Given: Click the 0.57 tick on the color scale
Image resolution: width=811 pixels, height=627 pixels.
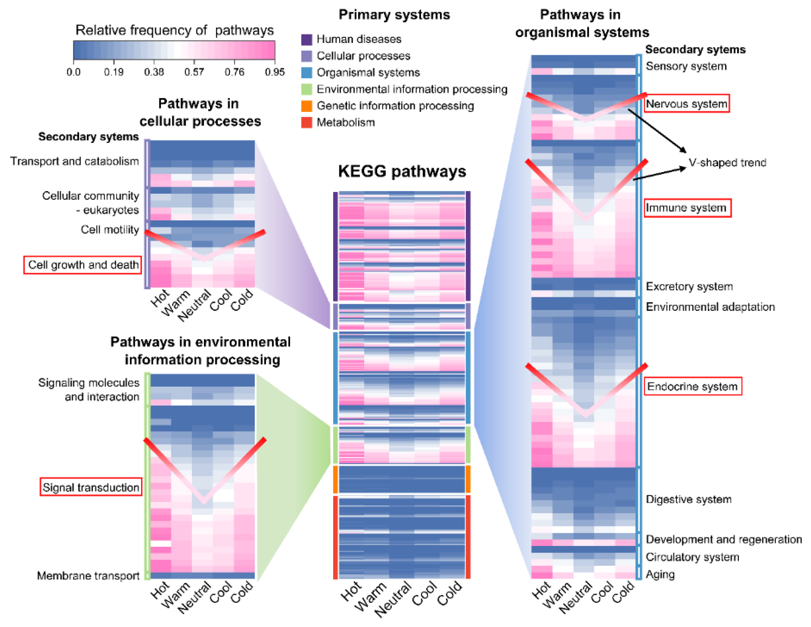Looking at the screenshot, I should (x=194, y=72).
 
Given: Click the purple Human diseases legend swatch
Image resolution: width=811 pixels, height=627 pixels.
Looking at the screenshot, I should (x=306, y=39).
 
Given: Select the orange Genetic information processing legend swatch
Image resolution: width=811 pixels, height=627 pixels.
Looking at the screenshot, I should (x=306, y=106).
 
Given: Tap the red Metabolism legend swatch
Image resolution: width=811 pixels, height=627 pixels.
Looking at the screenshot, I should (x=306, y=122).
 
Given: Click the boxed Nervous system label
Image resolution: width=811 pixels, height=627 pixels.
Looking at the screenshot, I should (x=686, y=104).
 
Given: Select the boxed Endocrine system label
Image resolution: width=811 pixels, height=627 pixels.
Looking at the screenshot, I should (x=692, y=386).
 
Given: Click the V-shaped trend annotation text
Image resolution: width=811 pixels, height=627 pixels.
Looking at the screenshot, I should (x=727, y=163).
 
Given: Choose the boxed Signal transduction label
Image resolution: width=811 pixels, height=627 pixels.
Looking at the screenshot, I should (x=91, y=487).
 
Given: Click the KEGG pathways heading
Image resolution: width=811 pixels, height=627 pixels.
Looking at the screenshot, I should (x=402, y=171).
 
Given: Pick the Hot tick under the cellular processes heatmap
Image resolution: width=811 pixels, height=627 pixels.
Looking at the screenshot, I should (x=160, y=298).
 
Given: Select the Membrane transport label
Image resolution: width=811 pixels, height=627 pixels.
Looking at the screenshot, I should (x=88, y=575).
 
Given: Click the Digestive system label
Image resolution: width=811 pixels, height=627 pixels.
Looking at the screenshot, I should (x=688, y=499).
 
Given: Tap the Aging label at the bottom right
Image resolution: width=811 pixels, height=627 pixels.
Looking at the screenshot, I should (x=660, y=574).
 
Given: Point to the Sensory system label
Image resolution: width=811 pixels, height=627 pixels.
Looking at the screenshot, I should (x=686, y=66).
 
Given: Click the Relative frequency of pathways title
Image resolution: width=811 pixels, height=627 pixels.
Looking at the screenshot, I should (x=175, y=30).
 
